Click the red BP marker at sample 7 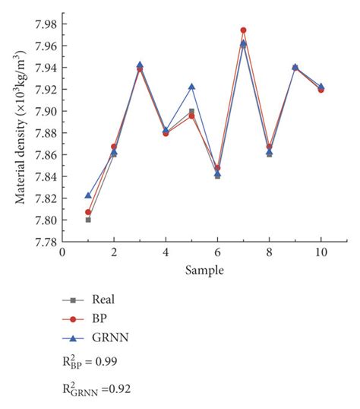pyautogui.click(x=243, y=30)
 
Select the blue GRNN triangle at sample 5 pyautogui.click(x=191, y=87)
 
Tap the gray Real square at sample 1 pyautogui.click(x=88, y=220)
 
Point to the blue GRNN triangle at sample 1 pyautogui.click(x=88, y=195)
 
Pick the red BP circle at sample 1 pyautogui.click(x=88, y=212)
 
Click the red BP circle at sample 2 pyautogui.click(x=114, y=147)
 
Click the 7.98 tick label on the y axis pyautogui.click(x=46, y=24)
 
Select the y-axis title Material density pyautogui.click(x=17, y=133)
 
